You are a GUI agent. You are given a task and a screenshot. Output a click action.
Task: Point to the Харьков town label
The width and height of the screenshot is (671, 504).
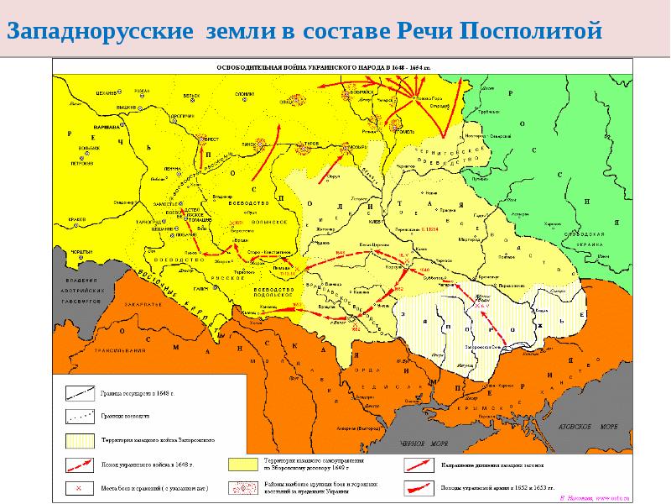552,223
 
